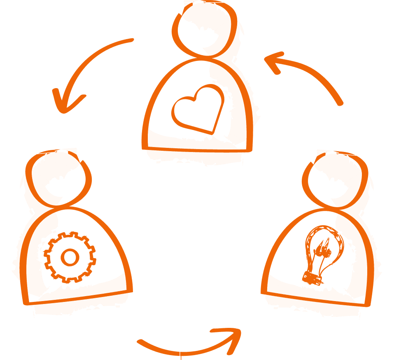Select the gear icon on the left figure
(x=70, y=257)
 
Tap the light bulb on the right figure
(x=322, y=253)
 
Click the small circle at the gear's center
(x=70, y=257)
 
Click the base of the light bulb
(x=312, y=278)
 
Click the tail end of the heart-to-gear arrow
(x=132, y=40)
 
